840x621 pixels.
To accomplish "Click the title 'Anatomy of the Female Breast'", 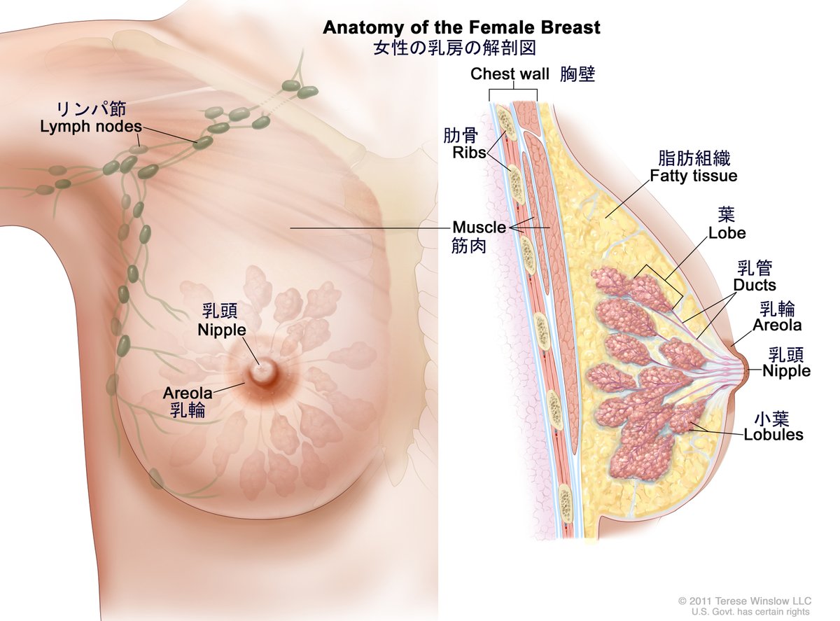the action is [x=461, y=27].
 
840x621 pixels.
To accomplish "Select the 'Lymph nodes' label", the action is [x=91, y=127].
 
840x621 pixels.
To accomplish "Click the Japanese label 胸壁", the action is [x=577, y=74].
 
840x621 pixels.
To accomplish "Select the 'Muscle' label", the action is [x=479, y=228].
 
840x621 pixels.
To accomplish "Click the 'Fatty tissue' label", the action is [x=693, y=176].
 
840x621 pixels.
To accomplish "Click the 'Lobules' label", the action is [x=773, y=435].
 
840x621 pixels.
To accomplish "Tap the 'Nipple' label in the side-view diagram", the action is [x=786, y=371].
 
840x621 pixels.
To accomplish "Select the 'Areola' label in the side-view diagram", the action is [x=777, y=325].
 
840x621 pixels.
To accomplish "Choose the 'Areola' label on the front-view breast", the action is [x=187, y=393].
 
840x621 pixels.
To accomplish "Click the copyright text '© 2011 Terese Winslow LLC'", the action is [x=744, y=601].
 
